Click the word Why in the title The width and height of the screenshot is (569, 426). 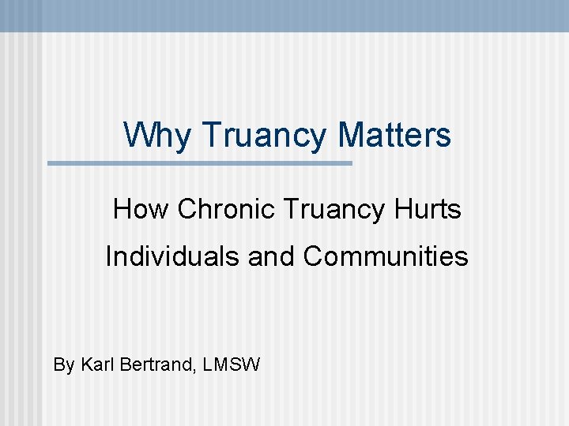click(x=157, y=135)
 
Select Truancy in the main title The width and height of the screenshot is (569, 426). click(x=265, y=135)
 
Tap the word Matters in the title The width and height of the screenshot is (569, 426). click(x=394, y=135)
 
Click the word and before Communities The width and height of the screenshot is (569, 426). click(x=273, y=256)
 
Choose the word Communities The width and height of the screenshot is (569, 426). click(x=386, y=256)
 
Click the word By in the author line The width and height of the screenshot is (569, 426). click(x=63, y=365)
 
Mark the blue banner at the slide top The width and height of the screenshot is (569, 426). click(x=284, y=15)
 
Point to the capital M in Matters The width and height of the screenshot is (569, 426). click(x=352, y=135)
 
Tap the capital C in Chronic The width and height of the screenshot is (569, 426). click(x=187, y=210)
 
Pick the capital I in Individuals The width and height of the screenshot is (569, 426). click(x=109, y=256)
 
